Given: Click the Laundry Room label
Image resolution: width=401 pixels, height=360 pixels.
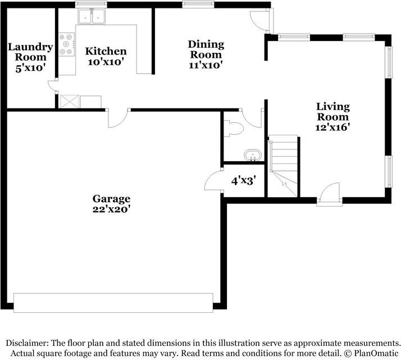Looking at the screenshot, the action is (x=30, y=52).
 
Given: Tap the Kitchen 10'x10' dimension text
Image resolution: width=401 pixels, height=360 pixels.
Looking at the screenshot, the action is (x=106, y=62).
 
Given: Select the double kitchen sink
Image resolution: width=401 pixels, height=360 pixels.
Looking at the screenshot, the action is (x=92, y=17).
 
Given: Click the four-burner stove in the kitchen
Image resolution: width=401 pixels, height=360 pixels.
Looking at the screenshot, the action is (x=66, y=44).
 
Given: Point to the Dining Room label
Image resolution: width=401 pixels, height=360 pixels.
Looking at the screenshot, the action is (x=206, y=49).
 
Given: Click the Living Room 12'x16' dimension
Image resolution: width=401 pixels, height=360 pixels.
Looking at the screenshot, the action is (x=332, y=127).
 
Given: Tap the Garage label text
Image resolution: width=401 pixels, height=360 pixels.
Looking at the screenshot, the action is (x=112, y=199).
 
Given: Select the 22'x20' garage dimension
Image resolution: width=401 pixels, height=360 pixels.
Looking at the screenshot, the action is (x=112, y=209).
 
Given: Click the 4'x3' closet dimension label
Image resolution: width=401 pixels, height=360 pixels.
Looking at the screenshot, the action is (x=244, y=181).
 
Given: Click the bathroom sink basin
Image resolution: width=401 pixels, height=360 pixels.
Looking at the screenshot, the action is (x=253, y=156).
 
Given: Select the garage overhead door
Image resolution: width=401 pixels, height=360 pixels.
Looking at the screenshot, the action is (x=113, y=303).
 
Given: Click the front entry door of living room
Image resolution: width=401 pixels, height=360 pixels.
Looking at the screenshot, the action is (x=330, y=194).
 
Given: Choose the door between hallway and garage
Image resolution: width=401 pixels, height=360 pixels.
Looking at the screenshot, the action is (x=117, y=118).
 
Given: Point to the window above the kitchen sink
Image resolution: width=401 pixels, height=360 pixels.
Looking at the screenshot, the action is (x=92, y=4).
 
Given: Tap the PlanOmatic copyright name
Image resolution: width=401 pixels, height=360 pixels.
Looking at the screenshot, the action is (x=376, y=354).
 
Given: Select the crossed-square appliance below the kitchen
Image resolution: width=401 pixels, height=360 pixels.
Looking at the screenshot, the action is (x=70, y=102).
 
